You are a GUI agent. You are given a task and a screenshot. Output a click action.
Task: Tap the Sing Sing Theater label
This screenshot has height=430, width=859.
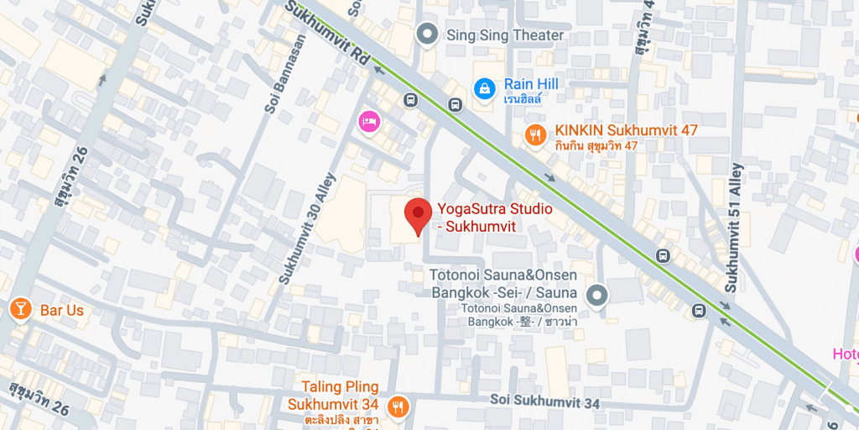point(505,35)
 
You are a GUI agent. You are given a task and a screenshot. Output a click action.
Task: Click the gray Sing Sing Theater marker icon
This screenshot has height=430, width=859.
point(428,34)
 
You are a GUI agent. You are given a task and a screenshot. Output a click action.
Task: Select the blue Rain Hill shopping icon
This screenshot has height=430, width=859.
point(484,87)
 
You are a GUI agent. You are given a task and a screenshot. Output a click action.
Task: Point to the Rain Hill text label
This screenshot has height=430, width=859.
point(530,84)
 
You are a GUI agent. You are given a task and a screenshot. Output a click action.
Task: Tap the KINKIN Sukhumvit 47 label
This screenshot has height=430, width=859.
point(626,131)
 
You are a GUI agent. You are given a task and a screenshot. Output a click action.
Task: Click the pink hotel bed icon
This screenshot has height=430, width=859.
point(369,122)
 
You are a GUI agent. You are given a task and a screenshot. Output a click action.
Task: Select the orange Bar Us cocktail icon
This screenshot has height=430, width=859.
point(18,310)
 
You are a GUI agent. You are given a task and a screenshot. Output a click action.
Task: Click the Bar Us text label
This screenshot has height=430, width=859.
point(62,310)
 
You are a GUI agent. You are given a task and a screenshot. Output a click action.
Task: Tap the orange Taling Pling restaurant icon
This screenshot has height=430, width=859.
point(398,406)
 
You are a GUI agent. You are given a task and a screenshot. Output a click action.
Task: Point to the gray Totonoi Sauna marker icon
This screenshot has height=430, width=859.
point(596,295)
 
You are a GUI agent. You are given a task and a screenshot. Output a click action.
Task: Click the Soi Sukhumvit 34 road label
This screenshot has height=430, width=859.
point(545,403)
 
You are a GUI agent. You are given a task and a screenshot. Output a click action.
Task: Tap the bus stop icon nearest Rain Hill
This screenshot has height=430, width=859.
point(455,105)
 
